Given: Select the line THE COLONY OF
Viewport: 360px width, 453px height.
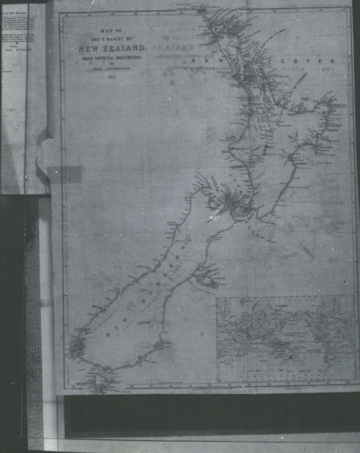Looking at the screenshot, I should click(x=110, y=38).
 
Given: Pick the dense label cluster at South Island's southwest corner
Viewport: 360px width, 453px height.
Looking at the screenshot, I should click(x=77, y=347).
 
